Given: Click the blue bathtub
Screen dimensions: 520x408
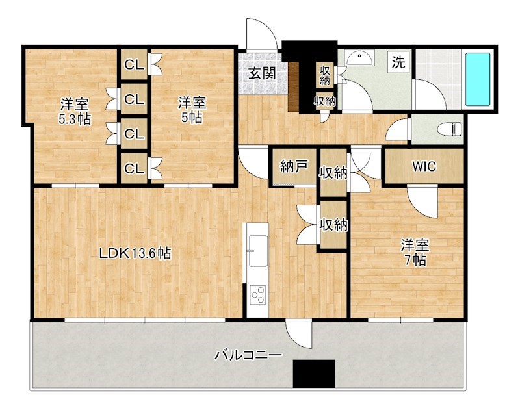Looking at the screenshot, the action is pyautogui.click(x=478, y=79).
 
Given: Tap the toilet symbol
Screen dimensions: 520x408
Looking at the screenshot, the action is pyautogui.click(x=450, y=129).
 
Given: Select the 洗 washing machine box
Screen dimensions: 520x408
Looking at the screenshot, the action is pyautogui.click(x=398, y=62).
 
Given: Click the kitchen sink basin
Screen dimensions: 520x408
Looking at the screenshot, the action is pyautogui.click(x=258, y=251).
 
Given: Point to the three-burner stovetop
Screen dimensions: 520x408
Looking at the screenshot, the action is pyautogui.click(x=258, y=294).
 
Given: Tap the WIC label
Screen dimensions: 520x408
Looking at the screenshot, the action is pyautogui.click(x=424, y=166).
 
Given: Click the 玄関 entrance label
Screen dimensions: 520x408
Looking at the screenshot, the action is pyautogui.click(x=263, y=73).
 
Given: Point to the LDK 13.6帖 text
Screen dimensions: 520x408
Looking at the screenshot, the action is pyautogui.click(x=135, y=254).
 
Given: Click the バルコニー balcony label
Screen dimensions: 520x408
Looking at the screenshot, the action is pyautogui.click(x=248, y=355).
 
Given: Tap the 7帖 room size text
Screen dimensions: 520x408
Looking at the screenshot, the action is pyautogui.click(x=415, y=261).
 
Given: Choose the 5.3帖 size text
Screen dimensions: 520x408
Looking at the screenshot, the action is pyautogui.click(x=75, y=120).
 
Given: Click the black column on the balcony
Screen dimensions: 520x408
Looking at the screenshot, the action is pyautogui.click(x=314, y=374).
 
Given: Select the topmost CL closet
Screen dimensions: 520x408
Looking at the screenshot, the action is pyautogui.click(x=135, y=64).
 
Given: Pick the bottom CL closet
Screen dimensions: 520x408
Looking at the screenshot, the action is pyautogui.click(x=135, y=168).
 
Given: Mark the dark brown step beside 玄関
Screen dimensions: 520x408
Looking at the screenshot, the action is pyautogui.click(x=294, y=86).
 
